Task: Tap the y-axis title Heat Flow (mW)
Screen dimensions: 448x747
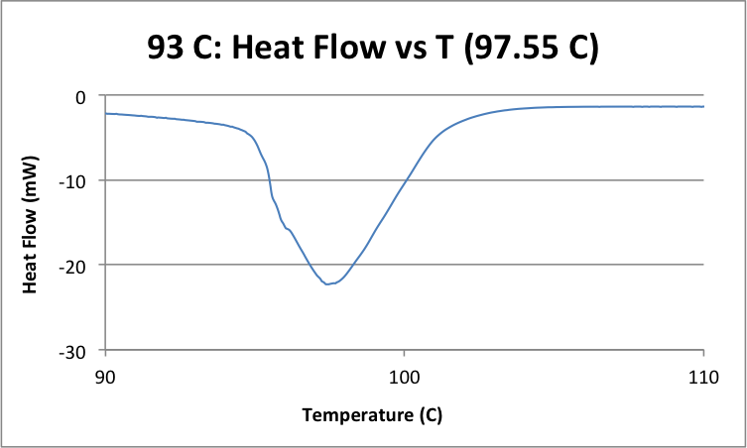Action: pos(31,223)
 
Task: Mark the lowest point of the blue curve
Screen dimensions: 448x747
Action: pos(328,284)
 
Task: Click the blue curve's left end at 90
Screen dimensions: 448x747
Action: pos(106,113)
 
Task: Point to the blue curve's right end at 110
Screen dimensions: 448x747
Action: pos(703,106)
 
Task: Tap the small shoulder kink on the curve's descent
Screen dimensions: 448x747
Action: pos(288,229)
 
